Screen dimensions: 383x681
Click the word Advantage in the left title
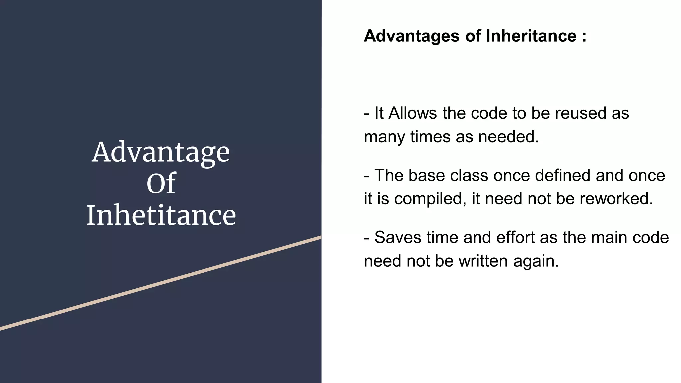pos(161,152)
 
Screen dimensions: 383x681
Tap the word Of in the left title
pos(161,183)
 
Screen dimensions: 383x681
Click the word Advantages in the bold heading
pos(411,36)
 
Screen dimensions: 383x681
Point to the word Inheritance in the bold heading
pos(531,36)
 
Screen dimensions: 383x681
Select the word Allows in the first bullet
pos(412,113)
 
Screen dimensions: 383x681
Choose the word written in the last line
pos(483,261)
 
